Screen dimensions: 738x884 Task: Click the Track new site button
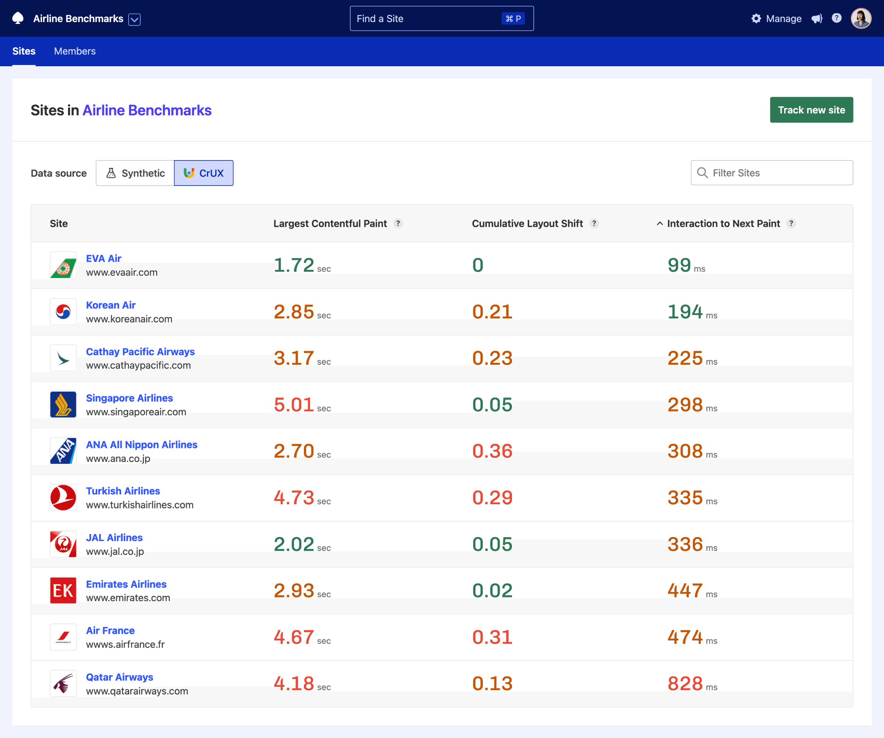pyautogui.click(x=811, y=110)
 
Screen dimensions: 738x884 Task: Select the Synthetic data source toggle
pyautogui.click(x=135, y=173)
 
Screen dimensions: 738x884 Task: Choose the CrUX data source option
pyautogui.click(x=204, y=173)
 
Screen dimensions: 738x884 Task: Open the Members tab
pyautogui.click(x=74, y=51)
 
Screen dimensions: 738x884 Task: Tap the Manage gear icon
pyautogui.click(x=756, y=18)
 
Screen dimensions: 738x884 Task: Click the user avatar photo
pyautogui.click(x=860, y=18)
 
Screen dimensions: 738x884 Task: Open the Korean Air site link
pyautogui.click(x=111, y=305)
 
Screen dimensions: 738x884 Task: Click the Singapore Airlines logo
pyautogui.click(x=63, y=405)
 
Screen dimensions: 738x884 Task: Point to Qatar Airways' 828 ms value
pyautogui.click(x=685, y=683)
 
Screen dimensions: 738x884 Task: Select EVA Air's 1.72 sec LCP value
pyautogui.click(x=294, y=265)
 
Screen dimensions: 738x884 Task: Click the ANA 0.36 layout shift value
pyautogui.click(x=492, y=451)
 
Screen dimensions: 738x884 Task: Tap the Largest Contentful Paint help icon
pyautogui.click(x=398, y=223)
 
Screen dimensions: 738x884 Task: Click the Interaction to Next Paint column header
pyautogui.click(x=723, y=223)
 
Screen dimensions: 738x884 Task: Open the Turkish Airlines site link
pyautogui.click(x=123, y=491)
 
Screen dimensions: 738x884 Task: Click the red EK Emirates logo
pyautogui.click(x=63, y=590)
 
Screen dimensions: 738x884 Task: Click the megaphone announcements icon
pyautogui.click(x=817, y=18)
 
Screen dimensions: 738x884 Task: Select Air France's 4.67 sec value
pyautogui.click(x=294, y=637)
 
